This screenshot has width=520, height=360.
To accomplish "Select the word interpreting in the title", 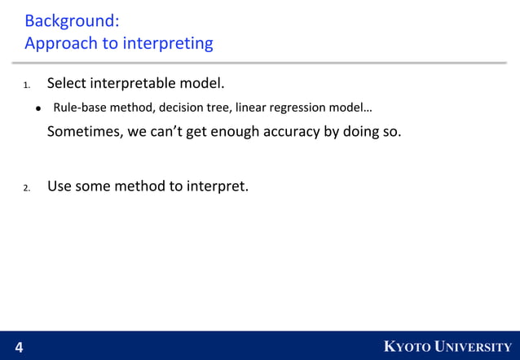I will click(x=167, y=44).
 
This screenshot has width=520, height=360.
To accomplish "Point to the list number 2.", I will click(x=26, y=188).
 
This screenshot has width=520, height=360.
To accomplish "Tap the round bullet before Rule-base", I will click(x=38, y=108).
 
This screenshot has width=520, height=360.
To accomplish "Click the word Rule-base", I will click(x=80, y=108).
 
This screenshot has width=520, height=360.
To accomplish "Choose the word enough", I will click(x=235, y=132).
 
